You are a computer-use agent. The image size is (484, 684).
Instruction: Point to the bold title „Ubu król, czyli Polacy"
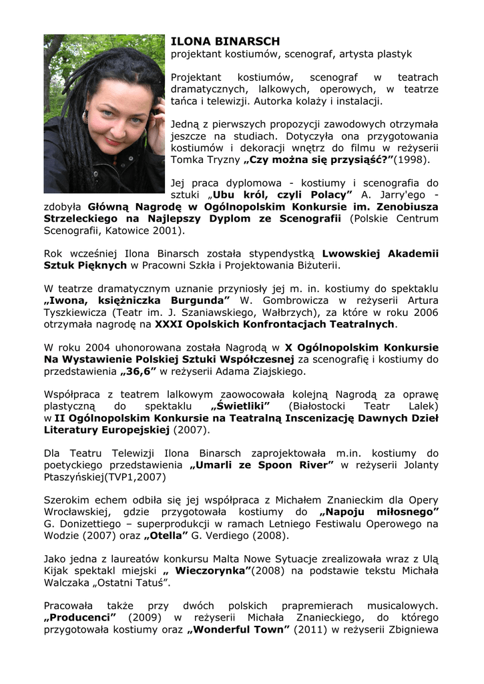[x=282, y=194]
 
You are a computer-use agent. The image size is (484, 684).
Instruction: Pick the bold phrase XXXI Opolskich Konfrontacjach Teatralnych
[x=275, y=324]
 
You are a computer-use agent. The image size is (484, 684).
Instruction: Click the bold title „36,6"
[x=139, y=371]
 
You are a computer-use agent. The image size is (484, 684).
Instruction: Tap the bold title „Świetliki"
[x=240, y=406]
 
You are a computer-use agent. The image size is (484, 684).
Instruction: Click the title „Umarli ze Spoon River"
[x=261, y=465]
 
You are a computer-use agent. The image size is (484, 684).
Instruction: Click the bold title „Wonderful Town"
[x=238, y=629]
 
